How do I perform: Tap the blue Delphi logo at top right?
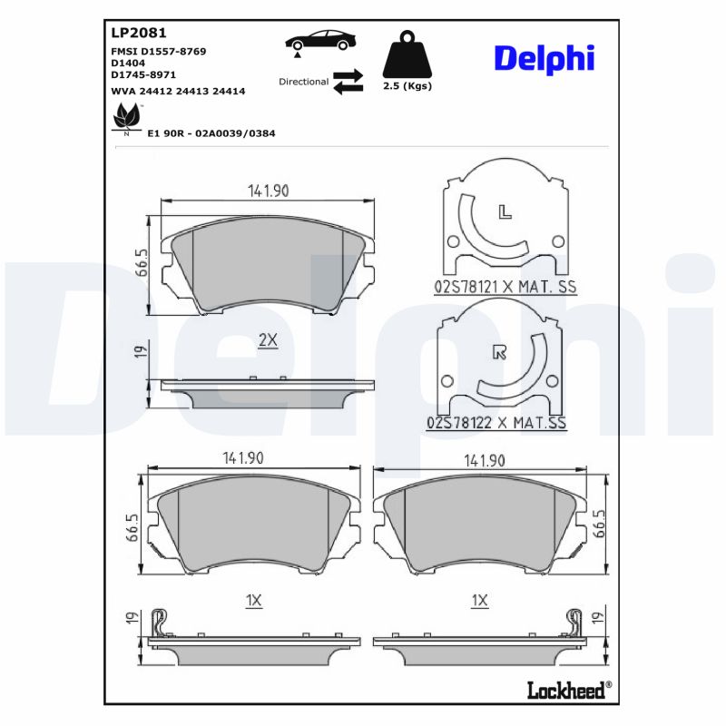click(544, 59)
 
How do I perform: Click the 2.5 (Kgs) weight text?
click(407, 86)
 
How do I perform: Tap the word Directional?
click(303, 82)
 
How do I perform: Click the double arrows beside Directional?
click(348, 82)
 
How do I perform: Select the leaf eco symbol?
click(125, 118)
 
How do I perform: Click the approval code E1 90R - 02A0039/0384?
click(211, 133)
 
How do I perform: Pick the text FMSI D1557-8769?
click(158, 52)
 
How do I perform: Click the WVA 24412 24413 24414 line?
click(178, 92)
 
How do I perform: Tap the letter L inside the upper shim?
click(505, 213)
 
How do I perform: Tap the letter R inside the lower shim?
click(497, 353)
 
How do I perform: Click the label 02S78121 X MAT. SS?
click(505, 287)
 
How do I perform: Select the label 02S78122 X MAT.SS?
click(496, 423)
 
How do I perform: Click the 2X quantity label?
click(267, 340)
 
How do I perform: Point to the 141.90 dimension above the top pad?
click(268, 191)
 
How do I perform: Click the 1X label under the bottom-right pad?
click(480, 601)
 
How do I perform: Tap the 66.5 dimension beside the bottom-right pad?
click(599, 525)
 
